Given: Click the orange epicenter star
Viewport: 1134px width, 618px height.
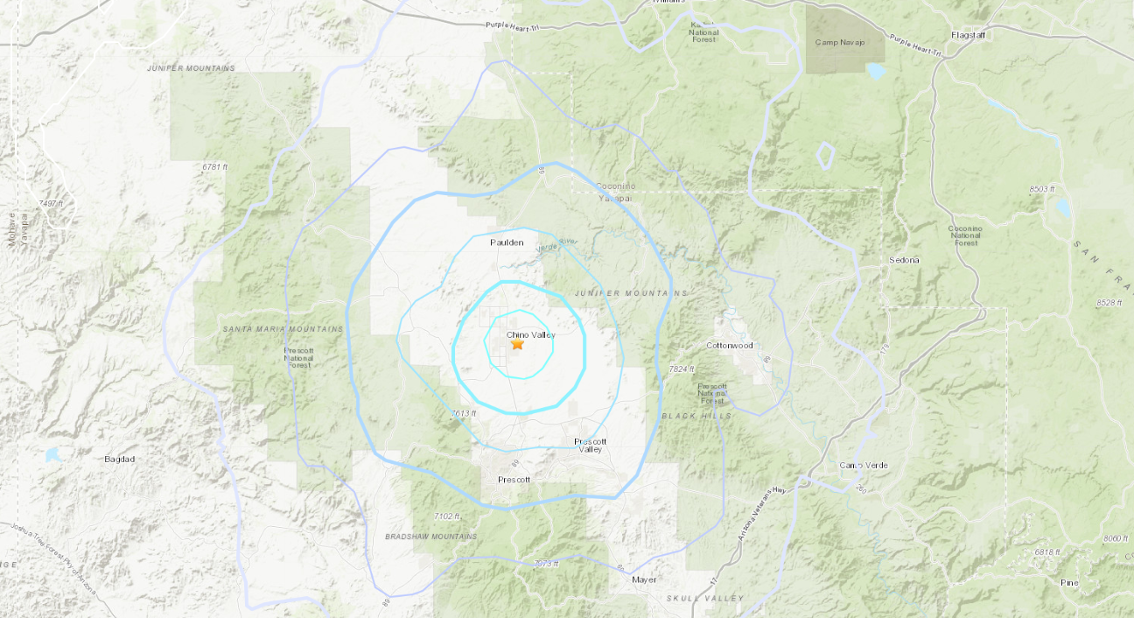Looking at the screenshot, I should pos(517,345).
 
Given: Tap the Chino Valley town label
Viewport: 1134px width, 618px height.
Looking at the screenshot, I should pos(530,334).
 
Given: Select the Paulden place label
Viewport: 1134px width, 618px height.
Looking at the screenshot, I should pos(507,242).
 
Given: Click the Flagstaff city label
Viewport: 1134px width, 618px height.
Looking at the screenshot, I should pos(969,35).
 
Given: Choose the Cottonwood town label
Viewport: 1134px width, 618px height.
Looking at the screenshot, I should pos(730,346).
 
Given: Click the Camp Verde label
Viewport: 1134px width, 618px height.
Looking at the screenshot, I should pos(864,465).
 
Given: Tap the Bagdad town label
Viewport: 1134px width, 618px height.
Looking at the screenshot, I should pos(120,459).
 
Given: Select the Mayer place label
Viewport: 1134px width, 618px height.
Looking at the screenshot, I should pos(644,579).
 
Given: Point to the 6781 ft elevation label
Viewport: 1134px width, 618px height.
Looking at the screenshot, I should pos(214,166).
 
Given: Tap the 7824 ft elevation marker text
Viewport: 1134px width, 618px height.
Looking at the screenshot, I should pos(682,369).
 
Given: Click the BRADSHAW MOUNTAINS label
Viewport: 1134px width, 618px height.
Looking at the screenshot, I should pos(431,536).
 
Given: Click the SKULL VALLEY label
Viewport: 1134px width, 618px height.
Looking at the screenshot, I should pos(705,599).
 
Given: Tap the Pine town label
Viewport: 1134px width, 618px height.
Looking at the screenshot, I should pos(1068,582).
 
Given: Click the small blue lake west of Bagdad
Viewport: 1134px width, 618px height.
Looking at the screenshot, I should pos(53,454).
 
